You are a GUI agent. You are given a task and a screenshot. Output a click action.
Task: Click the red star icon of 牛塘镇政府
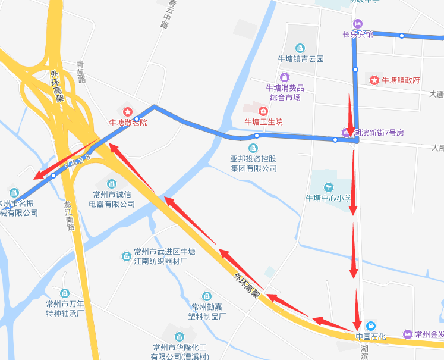(x=374, y=80)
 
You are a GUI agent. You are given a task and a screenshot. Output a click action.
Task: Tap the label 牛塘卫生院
(x=264, y=121)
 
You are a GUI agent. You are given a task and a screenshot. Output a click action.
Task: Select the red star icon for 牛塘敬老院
(x=127, y=112)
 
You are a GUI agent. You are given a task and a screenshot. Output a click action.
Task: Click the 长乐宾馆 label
(x=358, y=35)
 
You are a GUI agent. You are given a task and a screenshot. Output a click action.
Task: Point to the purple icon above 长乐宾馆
(x=357, y=24)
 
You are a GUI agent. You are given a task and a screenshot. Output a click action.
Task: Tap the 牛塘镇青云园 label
(x=301, y=59)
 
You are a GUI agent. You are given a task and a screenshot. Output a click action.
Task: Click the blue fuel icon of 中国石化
(x=370, y=325)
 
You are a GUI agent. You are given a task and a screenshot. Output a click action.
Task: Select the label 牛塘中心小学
(x=329, y=198)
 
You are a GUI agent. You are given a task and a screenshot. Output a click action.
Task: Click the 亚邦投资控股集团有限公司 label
(x=253, y=164)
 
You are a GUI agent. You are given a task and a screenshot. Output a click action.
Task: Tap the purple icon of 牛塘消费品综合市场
(x=285, y=77)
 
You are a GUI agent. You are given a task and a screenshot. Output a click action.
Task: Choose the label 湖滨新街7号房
(x=379, y=132)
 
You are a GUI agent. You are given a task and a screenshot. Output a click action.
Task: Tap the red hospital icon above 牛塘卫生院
(x=263, y=110)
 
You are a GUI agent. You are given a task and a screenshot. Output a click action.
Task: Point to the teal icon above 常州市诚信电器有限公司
(x=111, y=182)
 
